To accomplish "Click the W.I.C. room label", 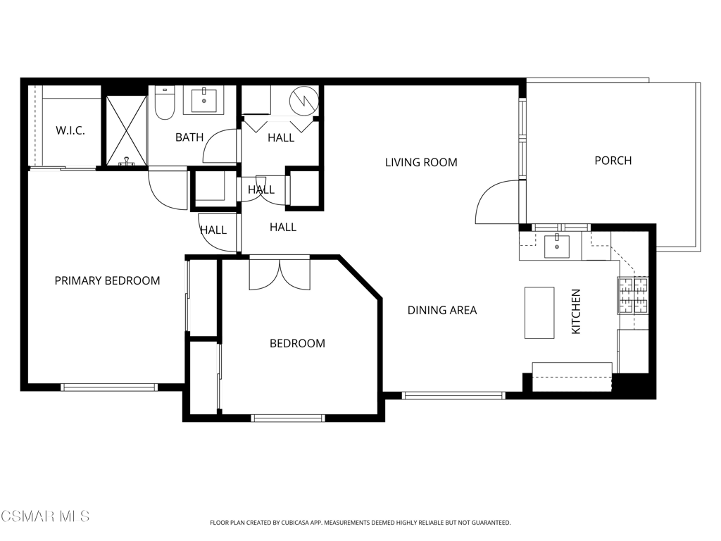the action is pos(70,130).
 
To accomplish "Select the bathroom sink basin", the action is pos(203,100).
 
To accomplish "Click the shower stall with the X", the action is pos(127,130).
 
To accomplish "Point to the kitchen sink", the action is pos(557,246).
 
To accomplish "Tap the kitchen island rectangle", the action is pos(539,313).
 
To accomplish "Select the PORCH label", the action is pos(613,161).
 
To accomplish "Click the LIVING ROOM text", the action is pos(421,163).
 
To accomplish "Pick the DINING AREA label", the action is pos(442,311).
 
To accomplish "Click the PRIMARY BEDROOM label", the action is pos(107,280).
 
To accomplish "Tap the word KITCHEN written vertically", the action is pos(576,311).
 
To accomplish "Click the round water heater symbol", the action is pos(304,101).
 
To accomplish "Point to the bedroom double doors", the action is pos(280,275).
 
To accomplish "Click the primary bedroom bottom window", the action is pos(109,387).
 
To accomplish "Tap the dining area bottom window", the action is pos(453,395).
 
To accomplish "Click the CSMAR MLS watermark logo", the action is pos(45,516).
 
